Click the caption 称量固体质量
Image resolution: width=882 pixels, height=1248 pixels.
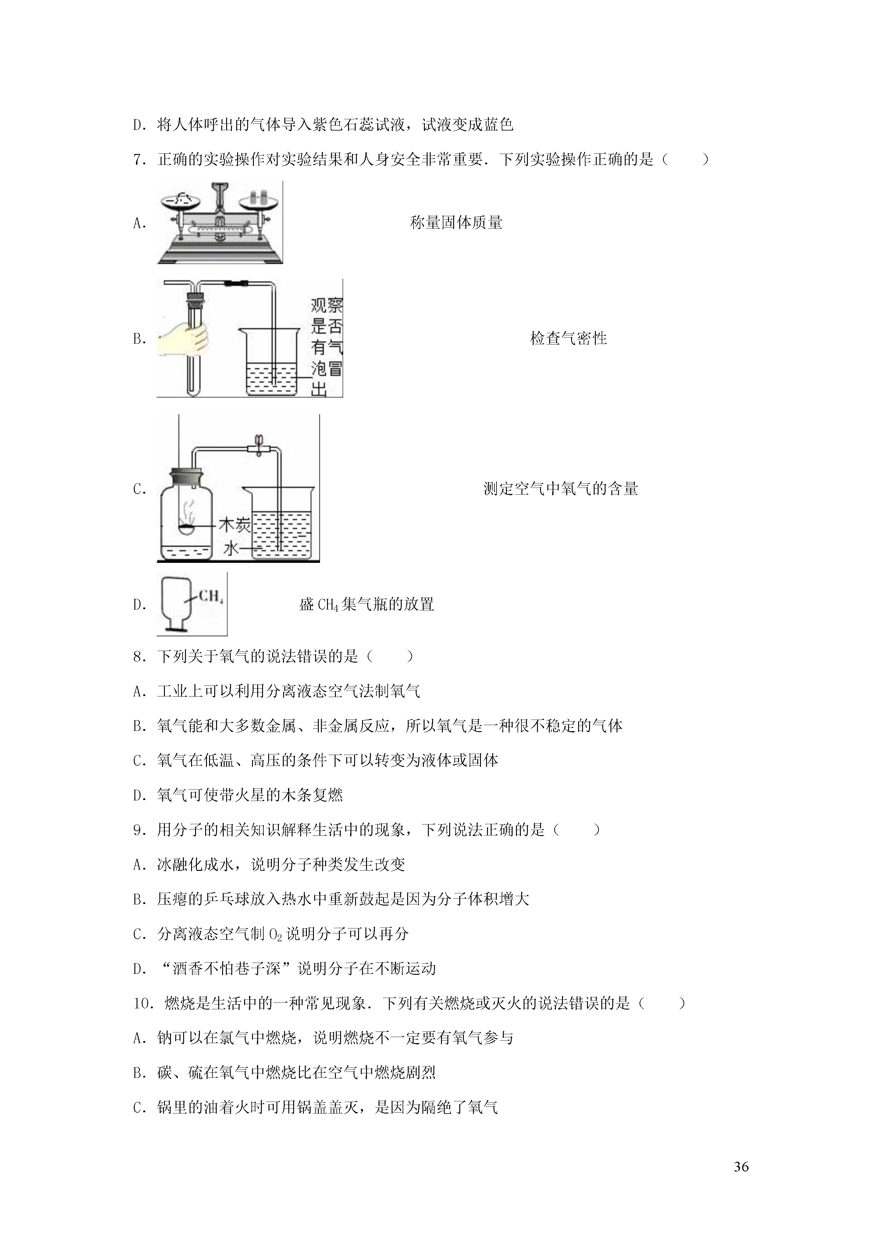(x=456, y=223)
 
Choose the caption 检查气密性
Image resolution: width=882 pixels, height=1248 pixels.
(x=568, y=339)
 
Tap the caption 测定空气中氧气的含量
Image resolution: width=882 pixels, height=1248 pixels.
(x=560, y=489)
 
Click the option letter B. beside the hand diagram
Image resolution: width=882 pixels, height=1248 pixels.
(x=140, y=339)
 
